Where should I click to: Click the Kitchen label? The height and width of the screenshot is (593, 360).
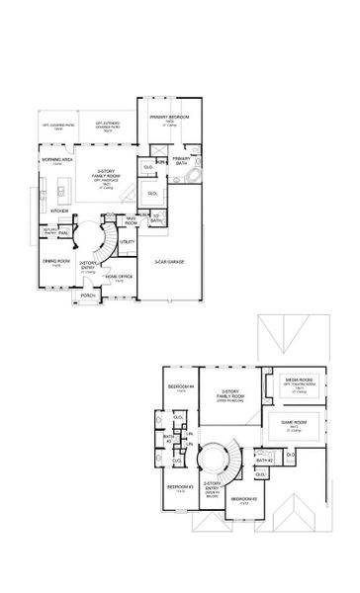pyautogui.click(x=59, y=211)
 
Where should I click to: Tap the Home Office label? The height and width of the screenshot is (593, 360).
pyautogui.click(x=119, y=277)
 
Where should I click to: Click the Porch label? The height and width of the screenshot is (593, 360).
pyautogui.click(x=88, y=295)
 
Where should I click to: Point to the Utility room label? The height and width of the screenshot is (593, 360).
pyautogui.click(x=127, y=241)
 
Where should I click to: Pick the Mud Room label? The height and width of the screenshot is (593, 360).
pyautogui.click(x=131, y=220)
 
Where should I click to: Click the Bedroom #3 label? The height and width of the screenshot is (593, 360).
pyautogui.click(x=179, y=486)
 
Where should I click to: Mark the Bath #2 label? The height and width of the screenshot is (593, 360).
pyautogui.click(x=263, y=461)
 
